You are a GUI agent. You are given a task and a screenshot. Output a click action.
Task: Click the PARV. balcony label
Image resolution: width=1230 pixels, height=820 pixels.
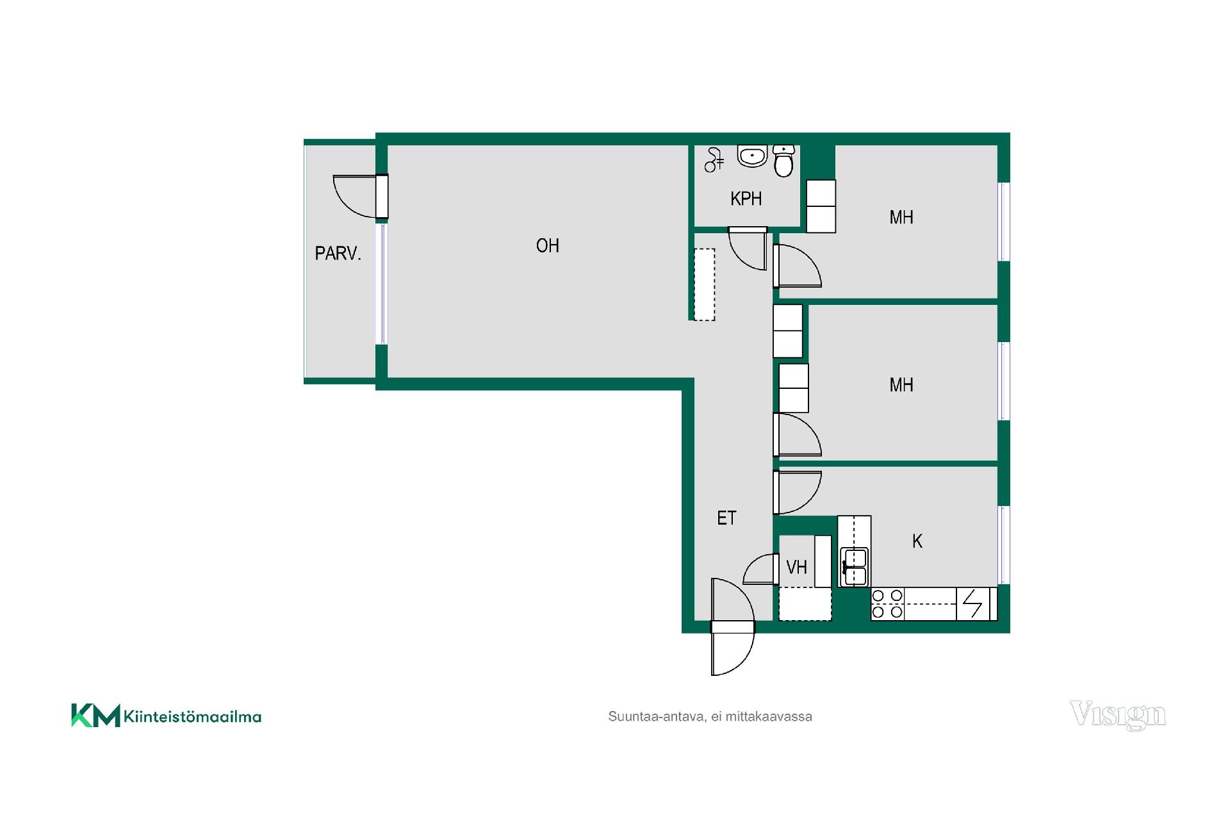(338, 254)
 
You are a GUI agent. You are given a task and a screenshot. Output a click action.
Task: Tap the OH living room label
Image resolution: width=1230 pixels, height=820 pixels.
(548, 246)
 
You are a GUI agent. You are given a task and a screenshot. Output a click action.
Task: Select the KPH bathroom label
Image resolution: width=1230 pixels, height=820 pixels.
(746, 199)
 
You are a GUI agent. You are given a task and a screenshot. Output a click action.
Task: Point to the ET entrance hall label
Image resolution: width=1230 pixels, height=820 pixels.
(726, 518)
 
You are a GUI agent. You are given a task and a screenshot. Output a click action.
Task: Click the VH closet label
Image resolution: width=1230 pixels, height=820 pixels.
(796, 567)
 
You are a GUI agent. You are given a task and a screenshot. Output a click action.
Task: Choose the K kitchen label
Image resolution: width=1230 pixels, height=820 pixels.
(917, 541)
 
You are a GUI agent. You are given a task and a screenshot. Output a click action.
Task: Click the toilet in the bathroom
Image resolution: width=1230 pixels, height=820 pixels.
(783, 160)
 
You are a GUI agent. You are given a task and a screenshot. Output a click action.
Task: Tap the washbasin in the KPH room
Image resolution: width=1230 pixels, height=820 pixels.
(752, 156)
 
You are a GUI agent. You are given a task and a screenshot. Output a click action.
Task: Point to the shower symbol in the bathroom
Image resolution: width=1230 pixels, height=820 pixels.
(714, 160)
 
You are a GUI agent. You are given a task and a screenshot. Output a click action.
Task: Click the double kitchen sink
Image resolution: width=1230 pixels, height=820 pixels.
(855, 566)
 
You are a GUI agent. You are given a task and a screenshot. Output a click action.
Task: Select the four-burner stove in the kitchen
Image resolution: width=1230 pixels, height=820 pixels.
(887, 604)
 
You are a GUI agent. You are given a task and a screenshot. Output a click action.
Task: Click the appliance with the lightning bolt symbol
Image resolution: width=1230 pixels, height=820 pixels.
(972, 604)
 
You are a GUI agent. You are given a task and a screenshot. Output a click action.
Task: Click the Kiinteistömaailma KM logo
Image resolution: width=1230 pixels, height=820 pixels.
(166, 716)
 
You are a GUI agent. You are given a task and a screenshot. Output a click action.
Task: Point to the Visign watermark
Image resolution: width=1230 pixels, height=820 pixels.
(1118, 716)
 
